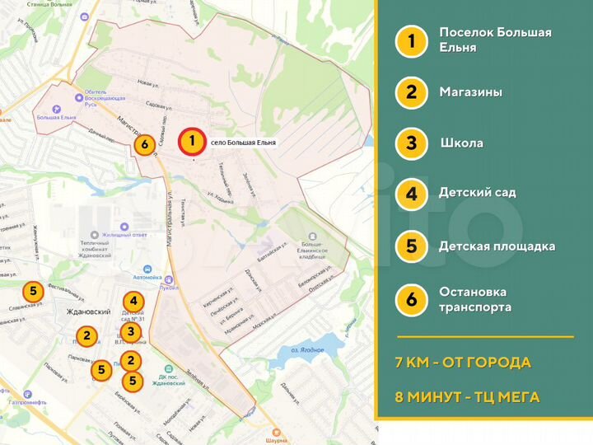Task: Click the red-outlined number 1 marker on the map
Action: (x=192, y=141)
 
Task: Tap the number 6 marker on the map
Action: (x=145, y=145)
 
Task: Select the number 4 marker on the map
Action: (x=133, y=302)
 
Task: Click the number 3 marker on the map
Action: (x=130, y=330)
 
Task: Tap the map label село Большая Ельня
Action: (x=243, y=143)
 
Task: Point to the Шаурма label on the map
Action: (x=278, y=440)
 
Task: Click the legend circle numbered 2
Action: (x=411, y=92)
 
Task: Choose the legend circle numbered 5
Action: (x=411, y=246)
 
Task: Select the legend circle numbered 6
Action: (x=411, y=299)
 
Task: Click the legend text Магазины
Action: (x=470, y=92)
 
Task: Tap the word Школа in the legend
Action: (x=461, y=143)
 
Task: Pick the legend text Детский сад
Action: (x=477, y=193)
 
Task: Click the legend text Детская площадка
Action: (x=497, y=246)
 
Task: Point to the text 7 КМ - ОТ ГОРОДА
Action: (x=462, y=363)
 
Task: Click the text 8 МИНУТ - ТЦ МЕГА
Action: (x=467, y=397)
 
